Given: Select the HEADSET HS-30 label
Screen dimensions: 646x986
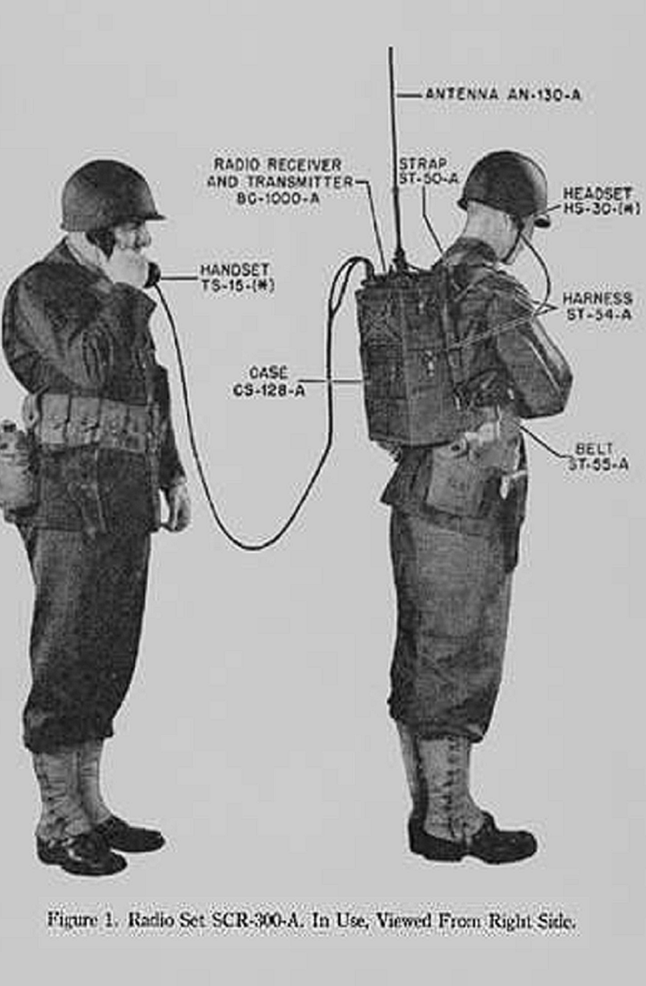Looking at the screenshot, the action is tap(601, 200).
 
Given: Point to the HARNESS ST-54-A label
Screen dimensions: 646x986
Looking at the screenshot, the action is tap(598, 306).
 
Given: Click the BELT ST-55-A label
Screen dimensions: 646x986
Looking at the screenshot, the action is tap(598, 457).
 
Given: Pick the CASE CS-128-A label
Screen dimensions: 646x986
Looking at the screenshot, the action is tap(269, 381).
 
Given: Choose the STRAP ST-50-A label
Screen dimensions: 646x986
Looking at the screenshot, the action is tap(428, 171).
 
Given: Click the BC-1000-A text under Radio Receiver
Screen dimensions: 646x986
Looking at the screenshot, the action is tap(278, 199).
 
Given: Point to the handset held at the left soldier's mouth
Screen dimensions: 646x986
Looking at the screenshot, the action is tap(152, 275).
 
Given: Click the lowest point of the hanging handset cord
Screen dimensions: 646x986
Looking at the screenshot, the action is tap(255, 549).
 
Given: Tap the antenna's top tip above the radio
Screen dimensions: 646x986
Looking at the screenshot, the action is tap(391, 48).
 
